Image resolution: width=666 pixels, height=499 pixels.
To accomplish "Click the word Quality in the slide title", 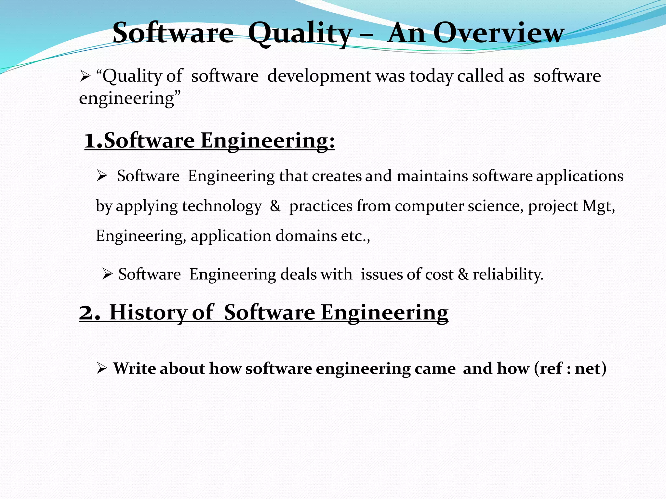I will [x=300, y=33].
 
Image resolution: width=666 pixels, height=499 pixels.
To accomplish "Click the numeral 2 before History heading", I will [x=88, y=313].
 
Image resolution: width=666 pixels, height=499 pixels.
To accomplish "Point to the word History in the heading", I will [x=148, y=313].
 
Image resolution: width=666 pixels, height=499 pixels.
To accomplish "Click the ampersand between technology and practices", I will [x=275, y=206].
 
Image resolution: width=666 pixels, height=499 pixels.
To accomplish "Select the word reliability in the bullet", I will [x=508, y=274].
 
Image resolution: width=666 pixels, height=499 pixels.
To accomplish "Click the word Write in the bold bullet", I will [x=134, y=368].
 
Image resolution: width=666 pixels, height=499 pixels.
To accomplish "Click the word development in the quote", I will [x=319, y=76].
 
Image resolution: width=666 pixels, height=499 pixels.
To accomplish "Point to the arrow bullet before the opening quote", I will [x=85, y=77].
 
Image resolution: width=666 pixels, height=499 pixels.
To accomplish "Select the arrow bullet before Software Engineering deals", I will [x=107, y=274].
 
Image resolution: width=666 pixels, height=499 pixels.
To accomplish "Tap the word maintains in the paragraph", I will [x=433, y=176].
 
